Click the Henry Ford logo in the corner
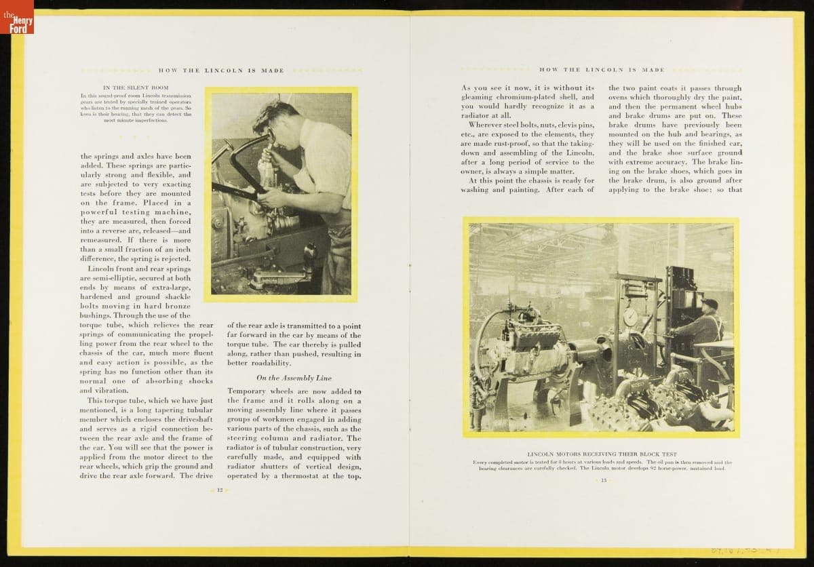point(16,16)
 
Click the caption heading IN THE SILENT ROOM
point(136,87)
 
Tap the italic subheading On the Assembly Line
point(294,378)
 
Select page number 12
point(220,490)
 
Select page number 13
point(603,480)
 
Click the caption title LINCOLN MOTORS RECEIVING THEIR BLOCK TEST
point(602,454)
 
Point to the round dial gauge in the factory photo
point(630,317)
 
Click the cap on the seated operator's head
point(710,303)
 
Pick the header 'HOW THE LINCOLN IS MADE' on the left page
point(221,71)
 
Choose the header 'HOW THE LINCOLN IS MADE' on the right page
point(602,70)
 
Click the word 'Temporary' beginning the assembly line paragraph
point(246,392)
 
